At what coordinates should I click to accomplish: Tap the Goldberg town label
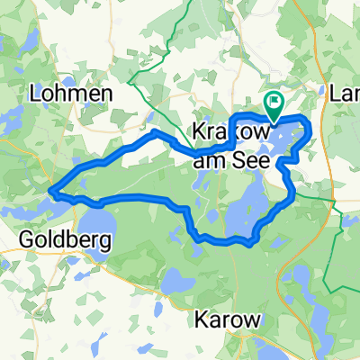65,240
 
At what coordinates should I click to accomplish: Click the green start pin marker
273,103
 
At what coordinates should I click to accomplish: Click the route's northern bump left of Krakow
157,132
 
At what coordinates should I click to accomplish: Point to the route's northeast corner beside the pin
308,121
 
